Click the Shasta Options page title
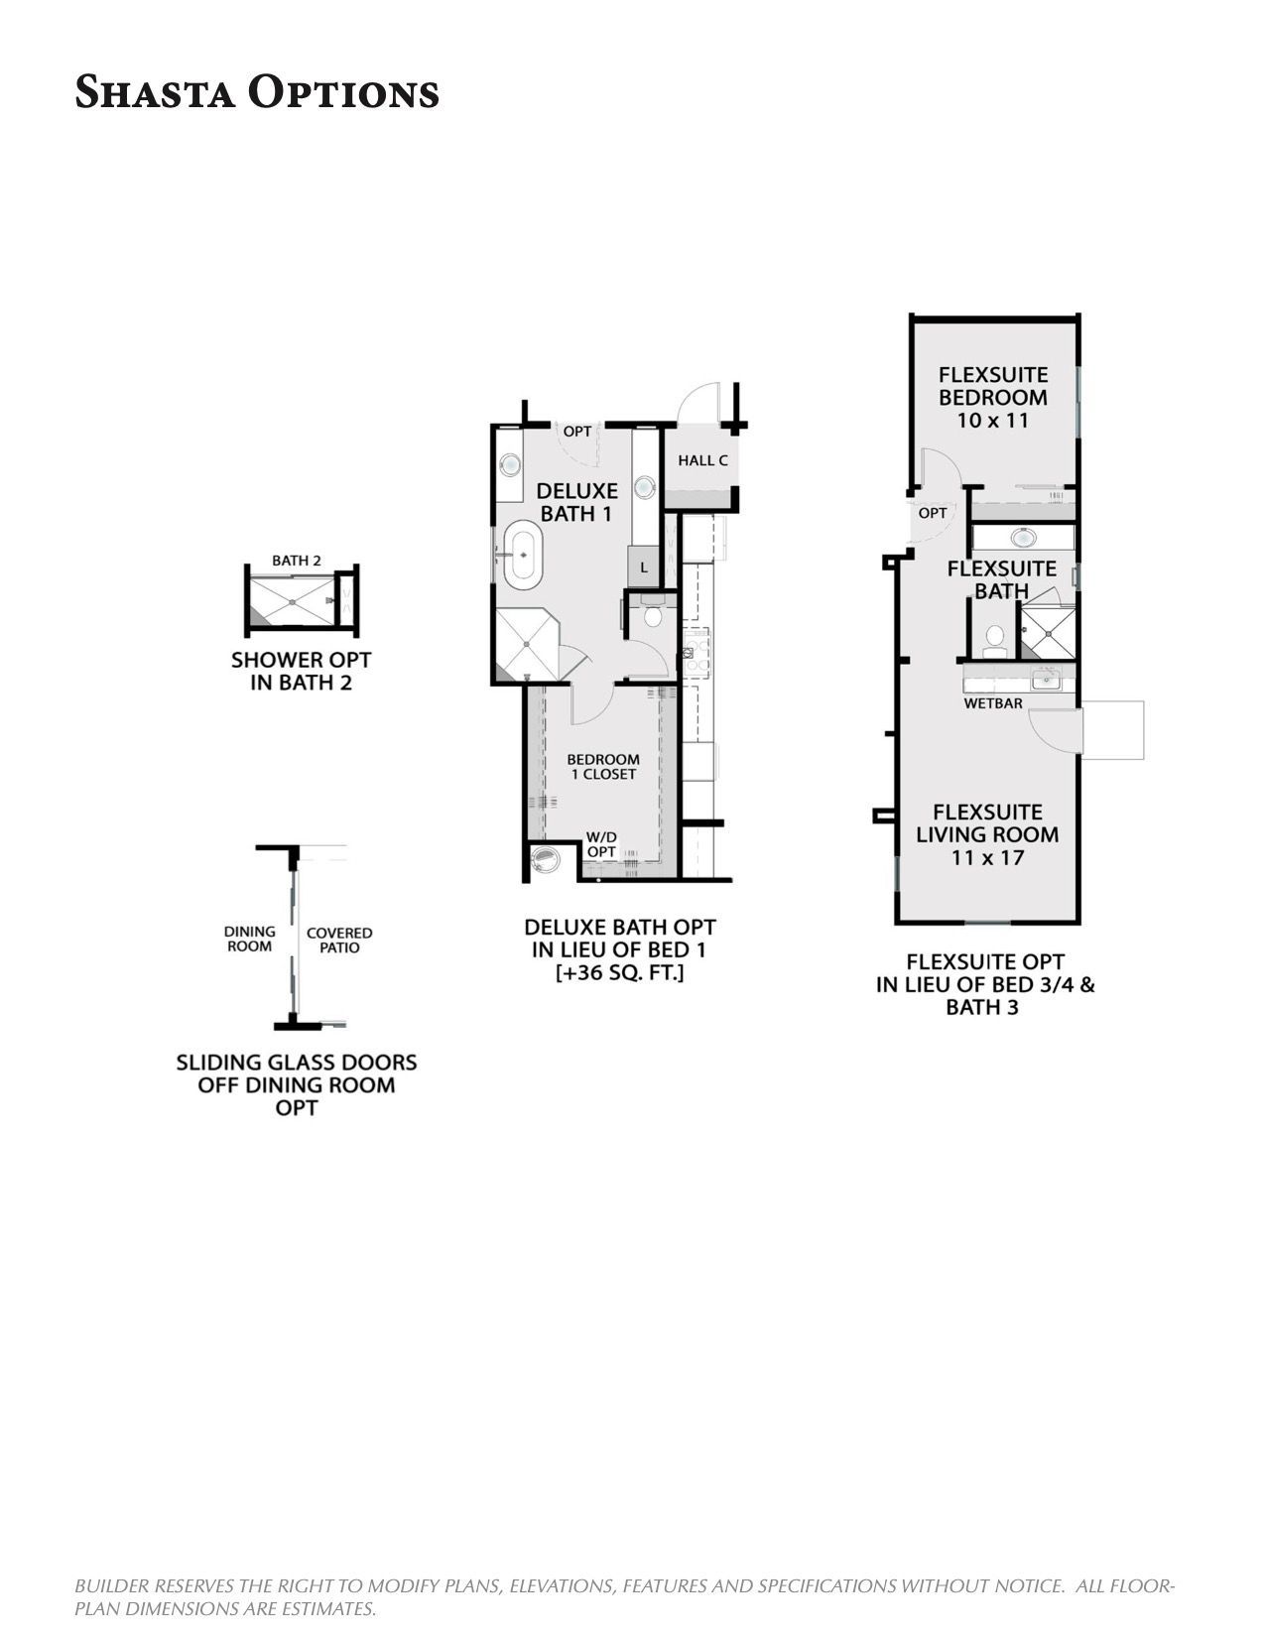[x=257, y=92]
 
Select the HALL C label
[x=703, y=460]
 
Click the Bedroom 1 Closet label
[x=603, y=766]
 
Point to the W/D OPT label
[x=601, y=843]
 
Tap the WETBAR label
[x=993, y=702]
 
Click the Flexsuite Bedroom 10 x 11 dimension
[x=993, y=421]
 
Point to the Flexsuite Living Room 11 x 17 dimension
[x=987, y=857]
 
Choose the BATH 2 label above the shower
[x=296, y=561]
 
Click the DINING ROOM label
[x=249, y=939]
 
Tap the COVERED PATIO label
[x=339, y=940]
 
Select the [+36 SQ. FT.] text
[x=620, y=973]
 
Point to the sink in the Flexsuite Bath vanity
[x=1023, y=538]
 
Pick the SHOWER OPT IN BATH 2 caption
[x=301, y=671]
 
